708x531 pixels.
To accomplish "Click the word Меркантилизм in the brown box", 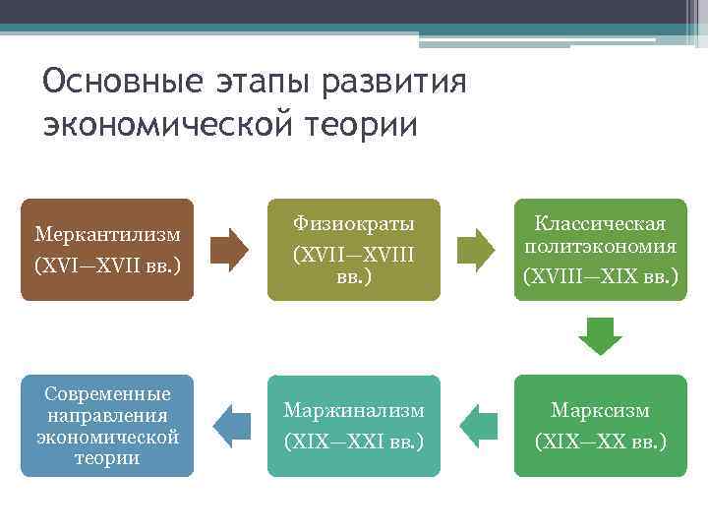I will tap(107, 235).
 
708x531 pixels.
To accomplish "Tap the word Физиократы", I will tap(354, 223).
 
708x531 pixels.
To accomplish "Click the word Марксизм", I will tap(600, 410).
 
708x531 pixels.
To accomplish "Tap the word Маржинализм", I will tap(354, 410).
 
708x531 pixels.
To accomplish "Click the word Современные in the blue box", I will tap(107, 394).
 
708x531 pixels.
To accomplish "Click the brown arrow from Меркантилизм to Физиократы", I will tap(231, 250).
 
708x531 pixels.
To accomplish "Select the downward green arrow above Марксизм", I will tap(600, 335).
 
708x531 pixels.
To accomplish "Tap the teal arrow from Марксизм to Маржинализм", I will tap(479, 425).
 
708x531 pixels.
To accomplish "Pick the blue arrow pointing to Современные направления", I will tap(231, 425).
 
